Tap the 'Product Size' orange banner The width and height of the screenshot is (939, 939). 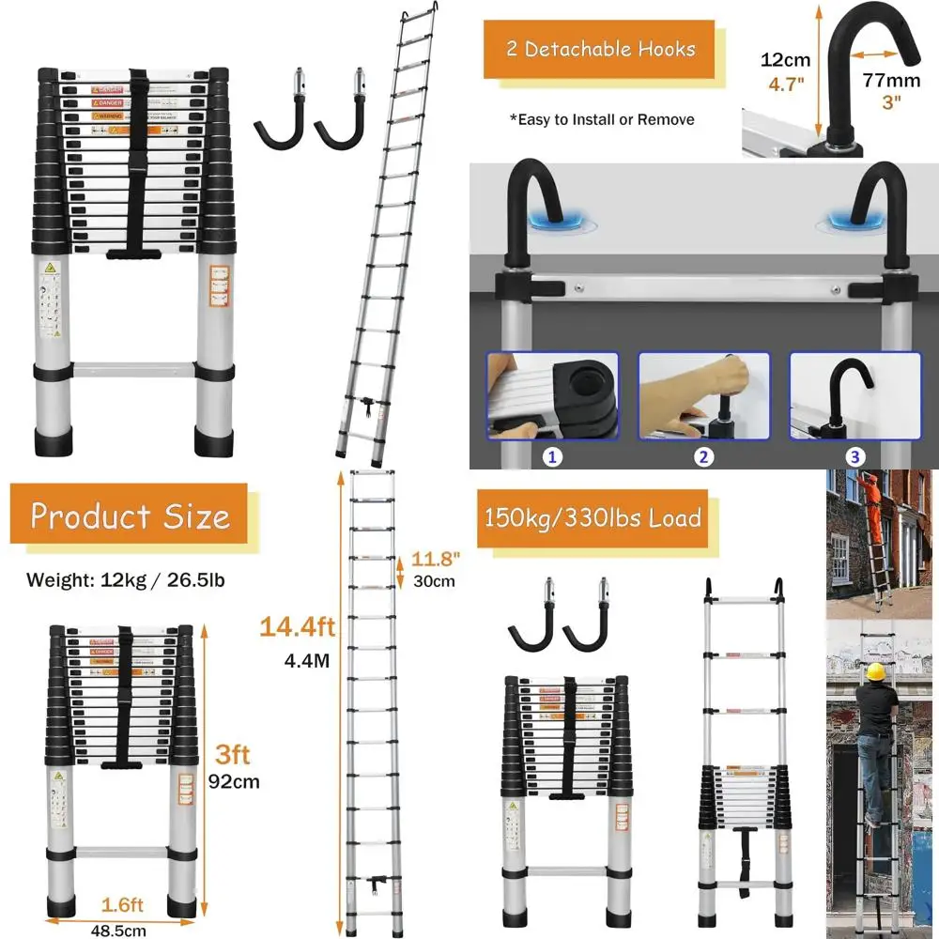click(x=130, y=516)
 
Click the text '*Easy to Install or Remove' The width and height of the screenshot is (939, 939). click(x=602, y=119)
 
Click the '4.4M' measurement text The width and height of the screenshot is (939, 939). click(x=307, y=659)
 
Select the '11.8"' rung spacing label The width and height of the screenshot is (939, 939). click(x=435, y=560)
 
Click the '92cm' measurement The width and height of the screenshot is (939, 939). click(x=234, y=781)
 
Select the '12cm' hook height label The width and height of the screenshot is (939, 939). click(x=785, y=60)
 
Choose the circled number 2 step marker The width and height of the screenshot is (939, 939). click(x=704, y=457)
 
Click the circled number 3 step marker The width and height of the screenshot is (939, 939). click(x=854, y=457)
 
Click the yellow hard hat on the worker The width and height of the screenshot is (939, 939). click(x=876, y=671)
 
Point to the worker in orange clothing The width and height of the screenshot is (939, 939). click(x=874, y=507)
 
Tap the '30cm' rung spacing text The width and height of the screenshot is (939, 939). click(x=435, y=581)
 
